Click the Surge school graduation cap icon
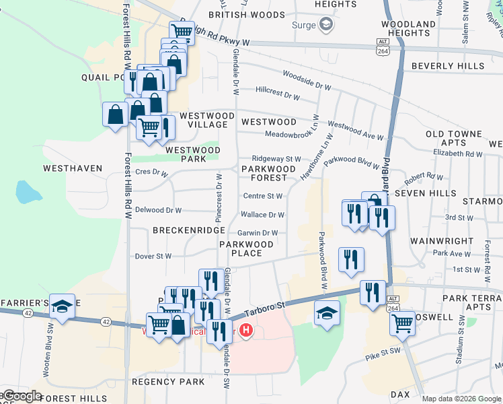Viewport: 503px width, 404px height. (326, 26)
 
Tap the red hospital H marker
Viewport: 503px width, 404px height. (247, 331)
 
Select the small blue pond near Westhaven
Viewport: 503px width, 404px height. (26, 193)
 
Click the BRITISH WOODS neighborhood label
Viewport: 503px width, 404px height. (237, 14)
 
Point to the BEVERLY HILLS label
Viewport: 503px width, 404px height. (448, 66)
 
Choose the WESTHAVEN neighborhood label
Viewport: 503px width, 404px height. (73, 168)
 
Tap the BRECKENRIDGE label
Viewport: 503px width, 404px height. (188, 230)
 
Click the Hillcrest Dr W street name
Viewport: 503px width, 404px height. (278, 96)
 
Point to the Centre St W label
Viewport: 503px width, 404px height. (263, 196)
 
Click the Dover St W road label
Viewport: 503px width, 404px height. (153, 257)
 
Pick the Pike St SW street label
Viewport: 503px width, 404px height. (383, 353)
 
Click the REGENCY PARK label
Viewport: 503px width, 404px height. (168, 382)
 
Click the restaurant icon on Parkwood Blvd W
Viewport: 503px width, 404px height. (350, 259)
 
